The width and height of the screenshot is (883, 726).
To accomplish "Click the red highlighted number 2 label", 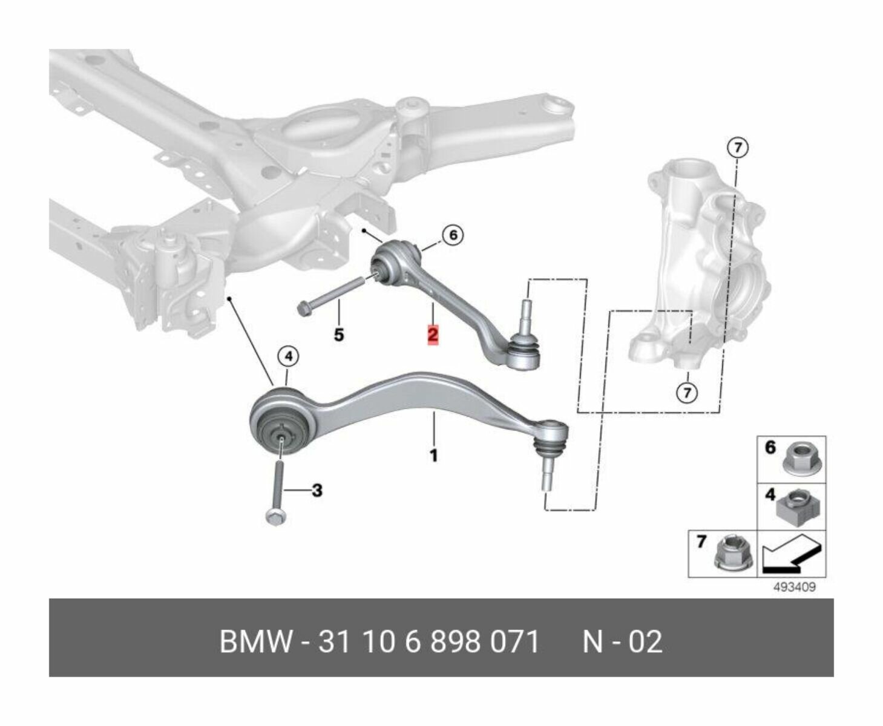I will [x=433, y=335].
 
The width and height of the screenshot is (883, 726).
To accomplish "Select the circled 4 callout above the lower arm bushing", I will [x=288, y=357].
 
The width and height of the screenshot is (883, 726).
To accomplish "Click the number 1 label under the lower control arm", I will [x=433, y=455].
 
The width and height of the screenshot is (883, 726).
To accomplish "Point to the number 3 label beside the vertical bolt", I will [x=317, y=491].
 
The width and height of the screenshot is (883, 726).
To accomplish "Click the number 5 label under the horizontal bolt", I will [x=339, y=334].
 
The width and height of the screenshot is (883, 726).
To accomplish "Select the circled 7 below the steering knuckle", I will [x=686, y=393].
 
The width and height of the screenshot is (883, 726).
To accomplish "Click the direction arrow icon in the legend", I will [x=790, y=555].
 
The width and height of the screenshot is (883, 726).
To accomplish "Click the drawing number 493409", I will [x=793, y=587].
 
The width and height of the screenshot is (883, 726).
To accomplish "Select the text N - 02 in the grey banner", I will [x=622, y=641].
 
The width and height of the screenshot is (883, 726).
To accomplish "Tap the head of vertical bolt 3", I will [x=275, y=517].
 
